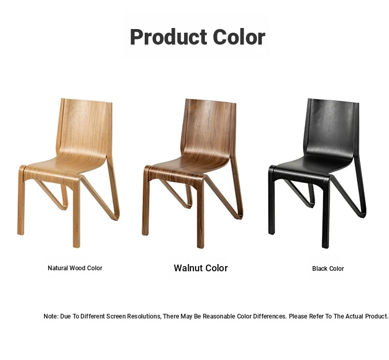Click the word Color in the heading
239,37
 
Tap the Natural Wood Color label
75,268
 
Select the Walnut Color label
201,268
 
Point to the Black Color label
328,269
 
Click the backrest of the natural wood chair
85,127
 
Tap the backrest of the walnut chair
209,127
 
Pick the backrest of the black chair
331,127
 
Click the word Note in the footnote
51,316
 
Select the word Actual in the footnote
355,316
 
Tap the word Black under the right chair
320,269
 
